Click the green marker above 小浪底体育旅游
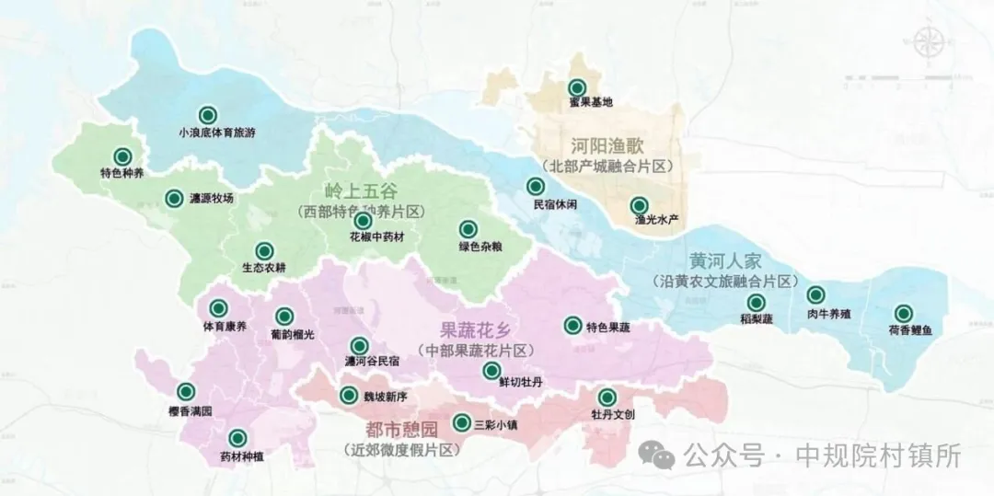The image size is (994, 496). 208,114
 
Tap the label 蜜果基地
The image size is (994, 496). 591,102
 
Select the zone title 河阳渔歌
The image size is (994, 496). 607,145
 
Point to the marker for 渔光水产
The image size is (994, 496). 639,205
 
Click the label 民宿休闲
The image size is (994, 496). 555,204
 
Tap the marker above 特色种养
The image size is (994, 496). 121,156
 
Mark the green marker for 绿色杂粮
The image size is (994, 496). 468,229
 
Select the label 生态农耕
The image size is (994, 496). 264,269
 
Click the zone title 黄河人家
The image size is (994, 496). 724,260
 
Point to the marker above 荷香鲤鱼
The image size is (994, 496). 903,313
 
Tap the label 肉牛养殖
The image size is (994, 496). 829,314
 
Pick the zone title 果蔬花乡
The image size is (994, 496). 476,330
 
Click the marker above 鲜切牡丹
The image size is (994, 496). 491,370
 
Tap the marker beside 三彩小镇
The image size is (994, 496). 461,423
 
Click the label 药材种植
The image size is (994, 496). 241,456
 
